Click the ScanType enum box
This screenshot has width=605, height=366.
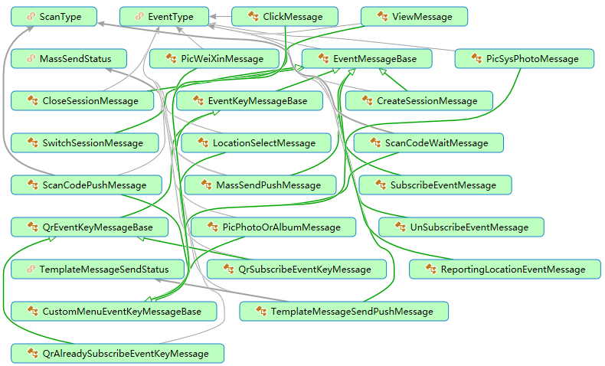(x=54, y=16)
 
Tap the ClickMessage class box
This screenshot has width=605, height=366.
(x=286, y=16)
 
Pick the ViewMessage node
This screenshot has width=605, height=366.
(x=414, y=16)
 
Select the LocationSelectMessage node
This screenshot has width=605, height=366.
(x=256, y=142)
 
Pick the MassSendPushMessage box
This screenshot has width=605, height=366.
(x=260, y=185)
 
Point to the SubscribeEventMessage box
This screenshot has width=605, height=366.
(x=434, y=185)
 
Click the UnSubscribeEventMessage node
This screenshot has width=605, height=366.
(x=460, y=227)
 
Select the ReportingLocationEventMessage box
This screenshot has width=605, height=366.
(x=504, y=269)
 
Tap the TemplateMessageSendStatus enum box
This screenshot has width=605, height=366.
(x=100, y=269)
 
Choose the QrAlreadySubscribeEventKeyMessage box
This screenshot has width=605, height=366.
(x=118, y=353)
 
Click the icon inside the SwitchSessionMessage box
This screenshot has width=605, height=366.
(x=31, y=142)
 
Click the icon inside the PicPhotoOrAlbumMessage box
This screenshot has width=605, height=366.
(x=211, y=227)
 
